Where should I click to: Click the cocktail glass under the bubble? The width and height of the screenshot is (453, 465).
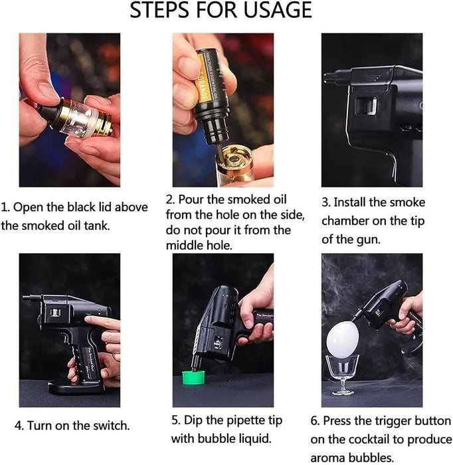(x=343, y=372)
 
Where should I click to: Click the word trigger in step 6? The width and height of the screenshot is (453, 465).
(x=388, y=421)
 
